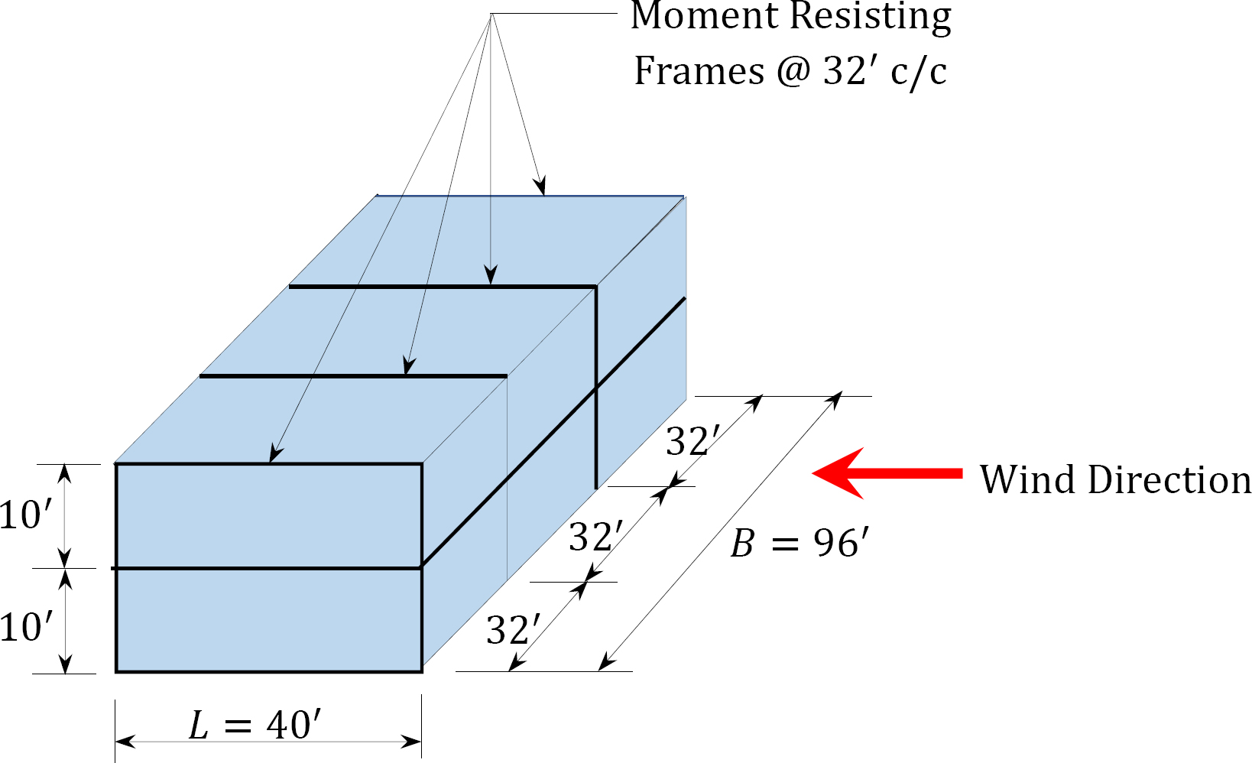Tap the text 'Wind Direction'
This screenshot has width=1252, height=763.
coord(1115,480)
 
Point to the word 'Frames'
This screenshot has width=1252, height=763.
coord(699,71)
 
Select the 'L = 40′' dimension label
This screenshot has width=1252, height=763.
coord(255,725)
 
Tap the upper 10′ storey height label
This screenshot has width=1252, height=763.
coord(26,515)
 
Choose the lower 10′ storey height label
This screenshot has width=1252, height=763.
coord(26,628)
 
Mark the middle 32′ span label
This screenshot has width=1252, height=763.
coord(596,537)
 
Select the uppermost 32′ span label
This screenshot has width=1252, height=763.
coord(692,441)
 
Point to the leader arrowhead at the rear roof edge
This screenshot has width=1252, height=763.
coord(542,187)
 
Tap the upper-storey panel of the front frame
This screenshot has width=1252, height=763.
coord(268,515)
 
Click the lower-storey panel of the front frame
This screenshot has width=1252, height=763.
coord(268,620)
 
